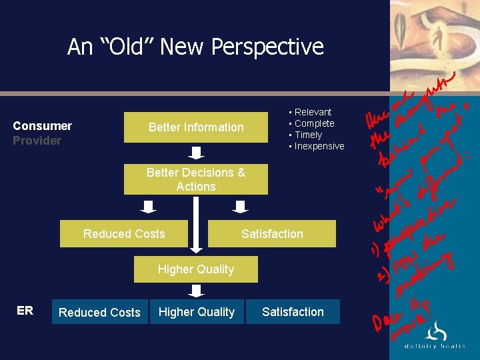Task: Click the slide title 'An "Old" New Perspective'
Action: click(x=195, y=47)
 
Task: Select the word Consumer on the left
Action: click(x=43, y=126)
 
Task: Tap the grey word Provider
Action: click(x=37, y=141)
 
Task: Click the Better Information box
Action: click(x=196, y=127)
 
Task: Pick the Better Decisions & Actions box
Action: click(x=196, y=179)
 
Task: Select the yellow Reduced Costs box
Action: click(x=124, y=234)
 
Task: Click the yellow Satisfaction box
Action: click(x=272, y=234)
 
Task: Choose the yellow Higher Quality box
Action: click(x=196, y=269)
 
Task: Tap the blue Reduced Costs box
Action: click(x=99, y=312)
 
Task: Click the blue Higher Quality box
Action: click(x=196, y=312)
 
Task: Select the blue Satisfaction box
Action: click(x=293, y=312)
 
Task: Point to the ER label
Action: click(x=25, y=311)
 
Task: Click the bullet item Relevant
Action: click(x=313, y=112)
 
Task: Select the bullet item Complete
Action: click(x=314, y=123)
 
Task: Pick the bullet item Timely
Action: click(x=308, y=135)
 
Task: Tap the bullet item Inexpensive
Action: click(x=319, y=146)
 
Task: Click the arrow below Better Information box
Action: click(x=196, y=153)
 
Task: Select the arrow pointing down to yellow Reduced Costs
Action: click(x=149, y=207)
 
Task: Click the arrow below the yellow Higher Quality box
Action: click(x=196, y=291)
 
